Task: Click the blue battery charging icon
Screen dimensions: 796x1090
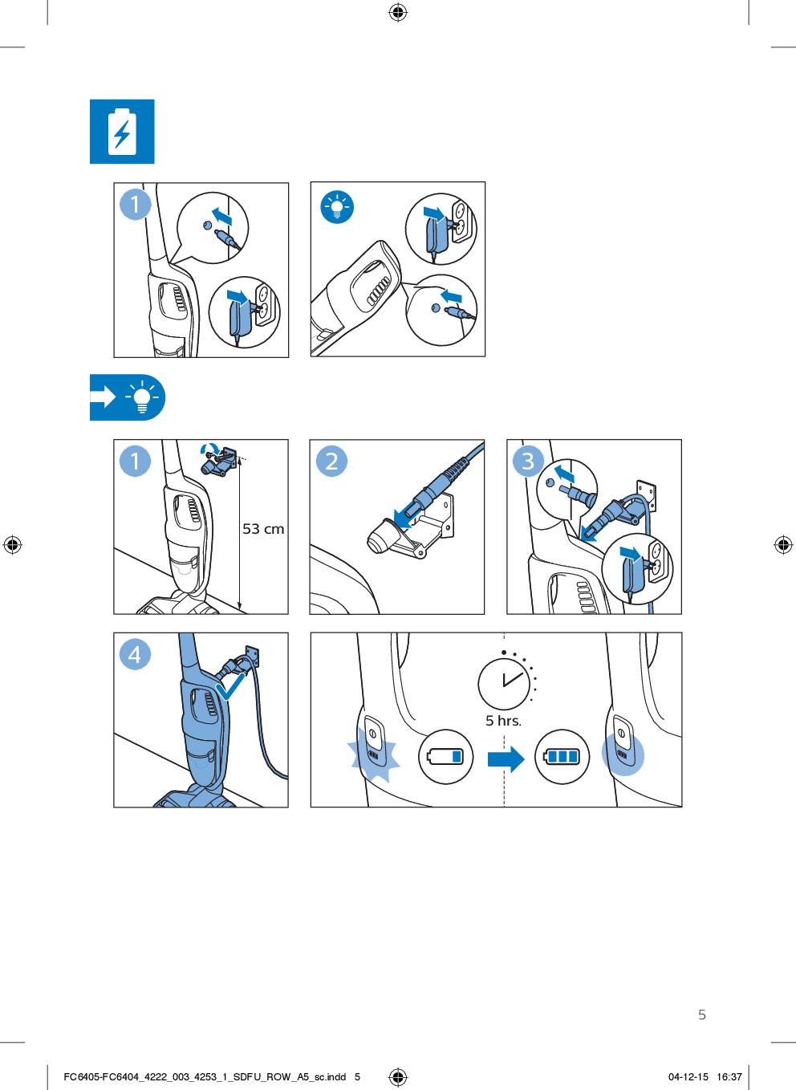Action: tap(122, 132)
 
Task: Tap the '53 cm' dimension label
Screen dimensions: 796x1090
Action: tap(263, 529)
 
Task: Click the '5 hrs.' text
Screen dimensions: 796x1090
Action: tap(503, 721)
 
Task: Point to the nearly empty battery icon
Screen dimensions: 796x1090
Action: tap(445, 757)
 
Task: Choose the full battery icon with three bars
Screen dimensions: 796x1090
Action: tap(562, 757)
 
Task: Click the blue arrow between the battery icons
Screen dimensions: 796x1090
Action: tap(506, 759)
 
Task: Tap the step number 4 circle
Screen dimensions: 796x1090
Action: tap(135, 654)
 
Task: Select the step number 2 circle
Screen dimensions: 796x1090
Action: tap(331, 461)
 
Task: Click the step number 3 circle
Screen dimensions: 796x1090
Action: tap(529, 461)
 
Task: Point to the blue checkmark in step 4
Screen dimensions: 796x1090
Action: tap(229, 686)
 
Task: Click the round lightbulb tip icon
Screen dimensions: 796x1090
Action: tap(337, 207)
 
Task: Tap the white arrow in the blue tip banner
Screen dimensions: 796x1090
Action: tap(103, 397)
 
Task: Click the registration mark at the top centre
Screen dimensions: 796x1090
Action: tap(397, 13)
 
